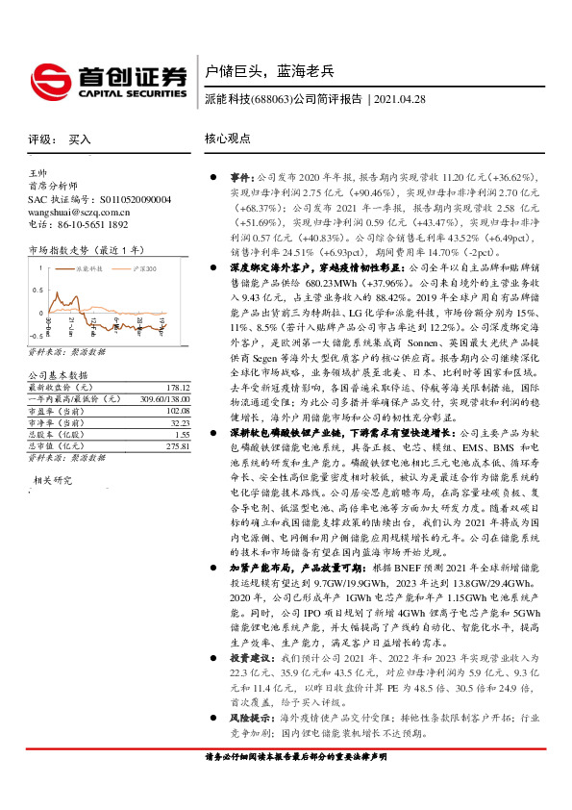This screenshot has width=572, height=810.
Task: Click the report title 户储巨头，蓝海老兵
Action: (x=268, y=70)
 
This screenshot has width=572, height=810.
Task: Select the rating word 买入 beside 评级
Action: (x=81, y=139)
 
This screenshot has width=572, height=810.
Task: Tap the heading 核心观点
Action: (x=227, y=139)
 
